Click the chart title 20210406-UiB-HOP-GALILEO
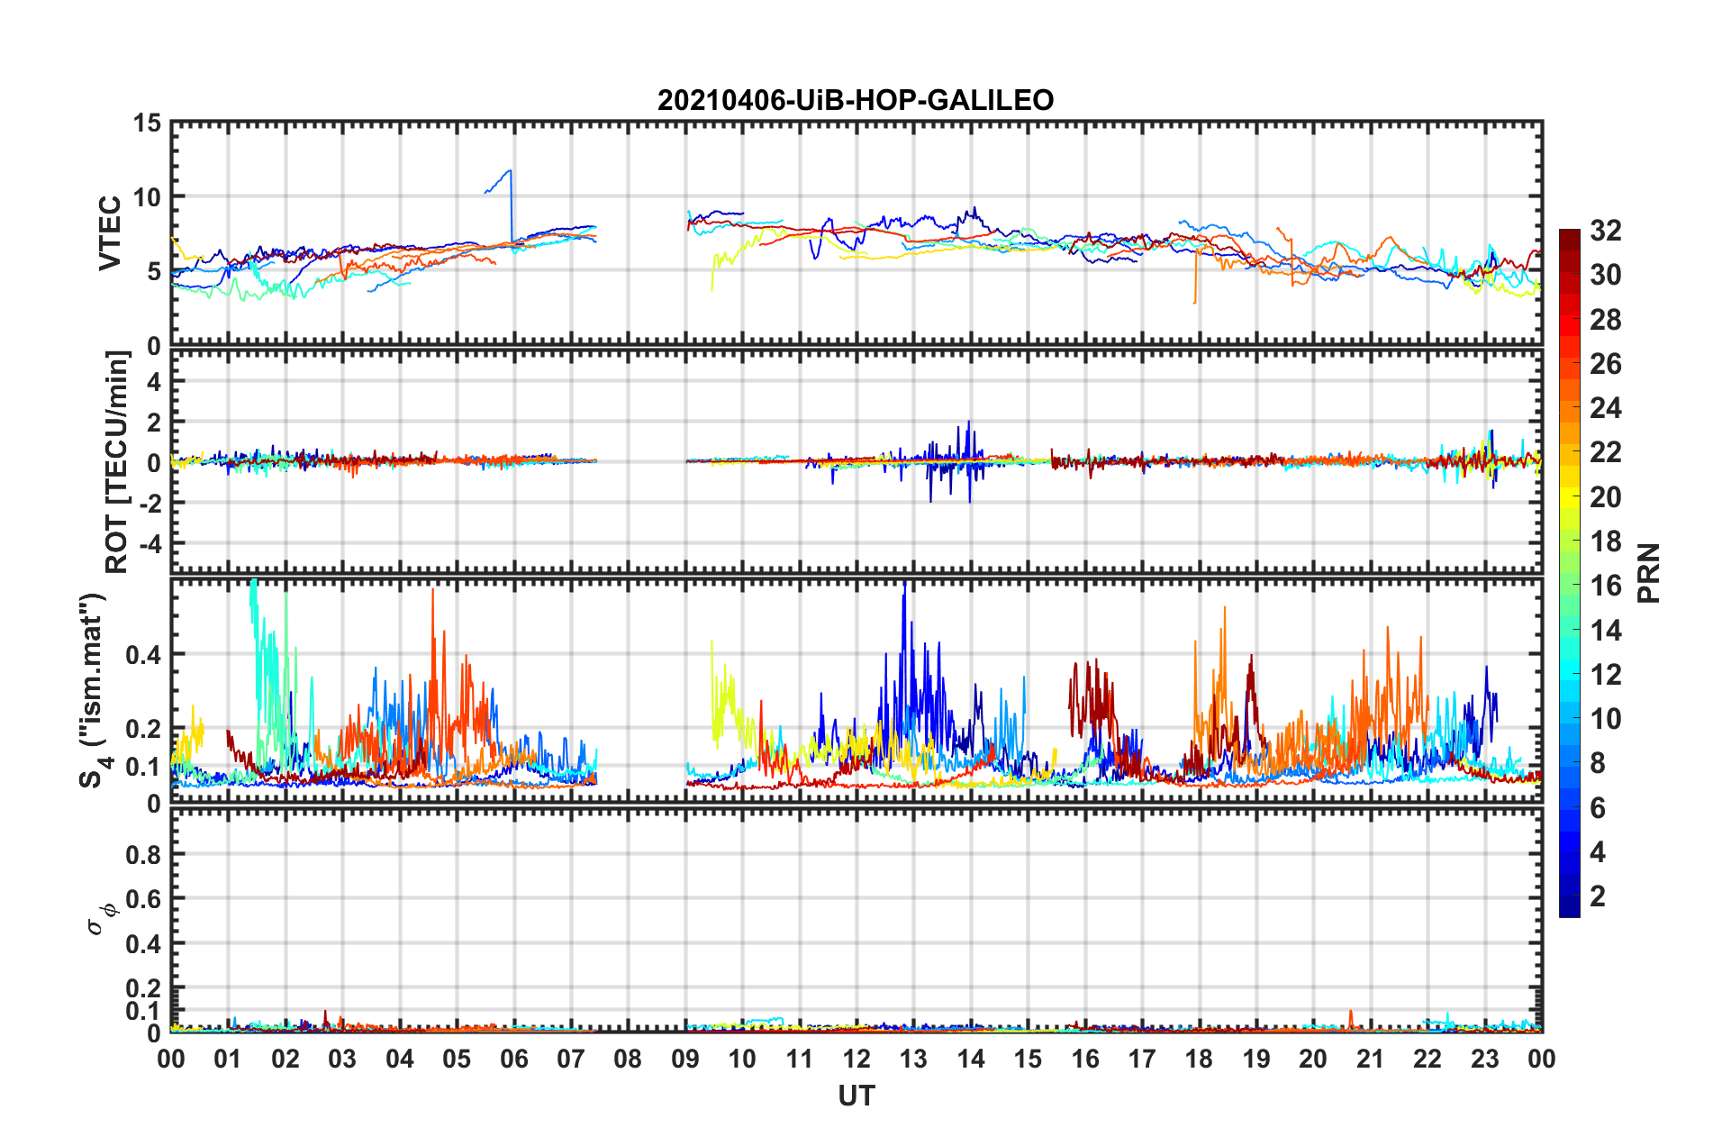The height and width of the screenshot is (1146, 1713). point(856,100)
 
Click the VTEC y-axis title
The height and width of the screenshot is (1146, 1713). point(110,232)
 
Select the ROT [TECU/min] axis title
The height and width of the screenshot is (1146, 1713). point(117,462)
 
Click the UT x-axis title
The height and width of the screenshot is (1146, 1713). point(856,1096)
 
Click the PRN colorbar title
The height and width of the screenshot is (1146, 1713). point(1649,573)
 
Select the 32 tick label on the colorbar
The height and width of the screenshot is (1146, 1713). point(1605,231)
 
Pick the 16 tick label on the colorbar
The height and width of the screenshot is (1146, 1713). point(1605,586)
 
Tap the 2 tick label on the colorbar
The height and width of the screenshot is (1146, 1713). point(1598,896)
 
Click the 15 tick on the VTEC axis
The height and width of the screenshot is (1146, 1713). point(147,123)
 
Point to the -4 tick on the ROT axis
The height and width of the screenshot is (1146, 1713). point(150,544)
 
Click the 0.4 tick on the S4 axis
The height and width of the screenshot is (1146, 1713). point(143,655)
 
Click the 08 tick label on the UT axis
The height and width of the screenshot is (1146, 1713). point(628,1059)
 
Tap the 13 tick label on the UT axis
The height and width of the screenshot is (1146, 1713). point(913,1059)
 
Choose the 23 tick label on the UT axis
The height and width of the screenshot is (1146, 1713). point(1484,1059)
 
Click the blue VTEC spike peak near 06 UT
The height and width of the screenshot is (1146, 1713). point(511,170)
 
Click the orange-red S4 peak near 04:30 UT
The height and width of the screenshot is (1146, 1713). point(432,590)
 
